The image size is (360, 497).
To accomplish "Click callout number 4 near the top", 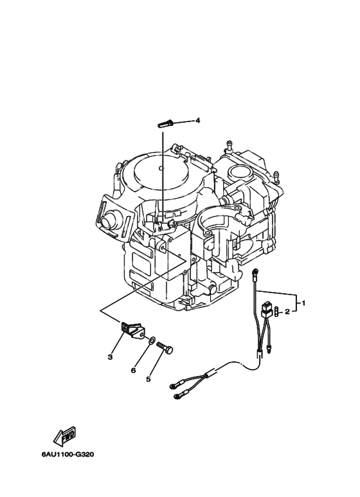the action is [x=197, y=120].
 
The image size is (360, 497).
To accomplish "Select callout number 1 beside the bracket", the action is [x=303, y=303].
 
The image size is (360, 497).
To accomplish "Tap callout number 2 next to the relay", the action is [x=287, y=312].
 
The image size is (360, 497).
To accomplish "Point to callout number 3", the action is [x=110, y=357].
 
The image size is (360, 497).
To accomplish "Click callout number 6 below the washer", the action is [x=134, y=370].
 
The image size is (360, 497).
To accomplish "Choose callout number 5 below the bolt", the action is [x=148, y=379].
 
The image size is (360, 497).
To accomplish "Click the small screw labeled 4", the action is [x=165, y=123].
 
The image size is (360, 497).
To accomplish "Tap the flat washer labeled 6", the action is [x=152, y=340].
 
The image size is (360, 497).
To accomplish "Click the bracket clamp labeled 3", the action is [x=131, y=330].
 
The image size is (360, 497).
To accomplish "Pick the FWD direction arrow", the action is [x=65, y=435].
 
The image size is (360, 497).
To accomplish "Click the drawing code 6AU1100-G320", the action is [x=67, y=454].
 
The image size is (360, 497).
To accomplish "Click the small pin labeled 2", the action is [x=276, y=311].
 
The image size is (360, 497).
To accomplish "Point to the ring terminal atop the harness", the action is [x=254, y=272].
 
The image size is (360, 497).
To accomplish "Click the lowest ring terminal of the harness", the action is [x=177, y=396].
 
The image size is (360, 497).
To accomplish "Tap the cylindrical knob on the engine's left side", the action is [x=109, y=219].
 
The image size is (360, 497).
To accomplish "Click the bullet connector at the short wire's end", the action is [x=270, y=351].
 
